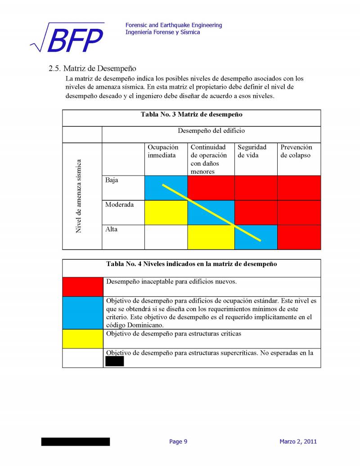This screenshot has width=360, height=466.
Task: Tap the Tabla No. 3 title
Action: (x=192, y=114)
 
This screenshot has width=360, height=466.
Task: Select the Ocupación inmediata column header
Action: (x=163, y=151)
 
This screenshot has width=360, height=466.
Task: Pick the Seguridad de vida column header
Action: (x=252, y=151)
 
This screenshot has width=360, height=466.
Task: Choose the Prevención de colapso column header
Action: (x=296, y=151)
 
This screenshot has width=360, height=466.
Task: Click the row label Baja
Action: (x=112, y=180)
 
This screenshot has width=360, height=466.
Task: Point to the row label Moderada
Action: (x=119, y=205)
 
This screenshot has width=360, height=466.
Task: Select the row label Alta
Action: (x=111, y=229)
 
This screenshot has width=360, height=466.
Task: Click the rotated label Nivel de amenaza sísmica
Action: (x=79, y=196)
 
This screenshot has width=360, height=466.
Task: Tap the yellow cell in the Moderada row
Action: (x=166, y=213)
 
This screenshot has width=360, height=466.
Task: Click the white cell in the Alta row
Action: (x=166, y=237)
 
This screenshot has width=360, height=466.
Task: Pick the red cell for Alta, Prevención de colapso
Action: (x=299, y=237)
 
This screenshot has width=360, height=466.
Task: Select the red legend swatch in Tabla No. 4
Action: (x=82, y=287)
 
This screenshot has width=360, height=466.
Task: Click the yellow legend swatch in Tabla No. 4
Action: (x=82, y=339)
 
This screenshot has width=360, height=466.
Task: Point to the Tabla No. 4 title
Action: (x=192, y=264)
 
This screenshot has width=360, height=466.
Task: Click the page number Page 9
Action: (x=178, y=442)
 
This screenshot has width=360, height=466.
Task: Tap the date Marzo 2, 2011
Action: (x=298, y=442)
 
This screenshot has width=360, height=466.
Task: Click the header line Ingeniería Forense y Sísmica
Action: (x=163, y=32)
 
